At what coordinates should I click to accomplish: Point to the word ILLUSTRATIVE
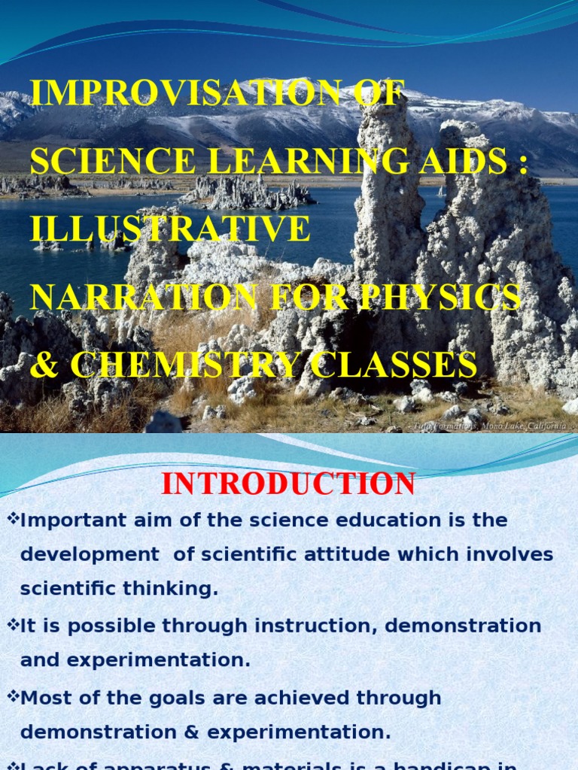click(x=170, y=229)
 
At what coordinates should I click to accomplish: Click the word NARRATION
click(x=144, y=297)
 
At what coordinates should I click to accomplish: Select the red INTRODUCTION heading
click(x=288, y=484)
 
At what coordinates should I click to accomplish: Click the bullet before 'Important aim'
click(x=11, y=520)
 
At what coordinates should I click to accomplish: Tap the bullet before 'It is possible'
click(x=11, y=626)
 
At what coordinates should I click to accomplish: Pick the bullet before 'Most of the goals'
click(x=11, y=697)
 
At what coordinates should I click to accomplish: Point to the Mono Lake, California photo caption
click(x=488, y=426)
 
